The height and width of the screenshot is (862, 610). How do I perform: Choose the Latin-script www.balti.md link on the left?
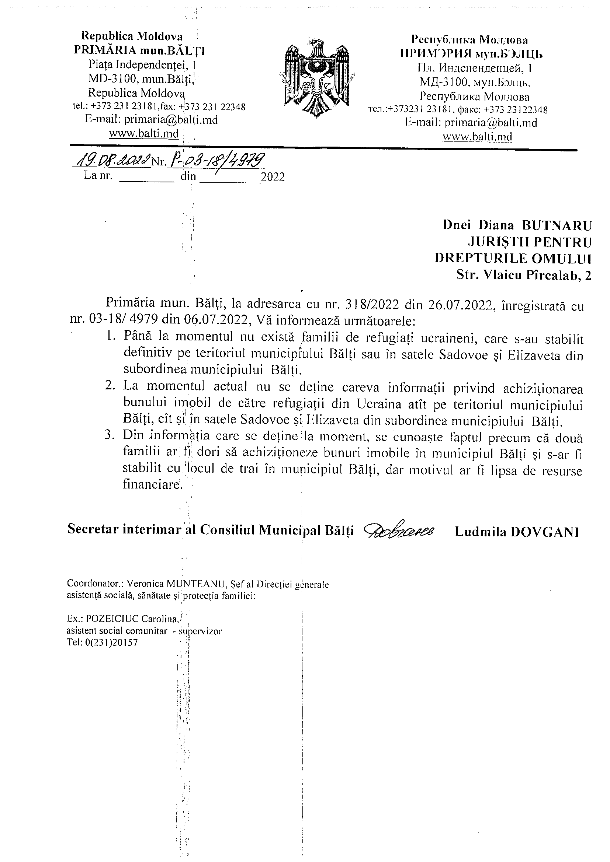[x=143, y=133]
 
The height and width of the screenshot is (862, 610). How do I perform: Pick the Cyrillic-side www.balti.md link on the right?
[x=477, y=136]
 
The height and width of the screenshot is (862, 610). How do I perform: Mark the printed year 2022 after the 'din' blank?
[x=273, y=177]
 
